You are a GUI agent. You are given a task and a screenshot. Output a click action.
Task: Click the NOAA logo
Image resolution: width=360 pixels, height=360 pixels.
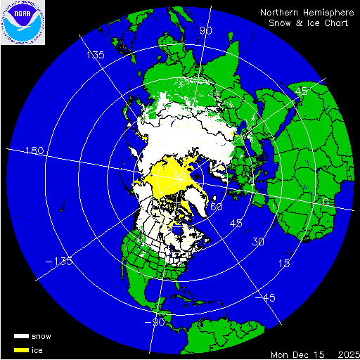point(22,22)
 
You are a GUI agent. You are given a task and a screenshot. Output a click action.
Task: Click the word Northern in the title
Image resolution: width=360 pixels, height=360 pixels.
point(280,12)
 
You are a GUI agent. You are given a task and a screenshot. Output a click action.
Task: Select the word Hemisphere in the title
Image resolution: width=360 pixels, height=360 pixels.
point(327,12)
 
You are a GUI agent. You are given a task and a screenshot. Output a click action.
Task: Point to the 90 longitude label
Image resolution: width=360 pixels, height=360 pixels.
point(206,31)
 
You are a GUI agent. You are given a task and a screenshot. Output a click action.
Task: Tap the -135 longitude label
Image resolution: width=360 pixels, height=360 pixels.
point(59,262)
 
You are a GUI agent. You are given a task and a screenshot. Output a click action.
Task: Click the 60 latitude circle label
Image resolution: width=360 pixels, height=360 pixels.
point(217,207)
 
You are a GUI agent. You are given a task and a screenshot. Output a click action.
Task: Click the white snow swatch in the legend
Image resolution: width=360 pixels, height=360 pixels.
point(21,336)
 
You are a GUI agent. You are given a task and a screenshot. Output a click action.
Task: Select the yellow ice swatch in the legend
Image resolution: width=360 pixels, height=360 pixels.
point(21,349)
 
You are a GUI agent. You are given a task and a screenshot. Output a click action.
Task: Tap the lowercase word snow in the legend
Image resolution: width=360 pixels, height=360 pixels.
point(41,336)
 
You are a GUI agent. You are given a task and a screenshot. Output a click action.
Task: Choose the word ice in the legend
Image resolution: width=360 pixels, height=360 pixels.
point(37,349)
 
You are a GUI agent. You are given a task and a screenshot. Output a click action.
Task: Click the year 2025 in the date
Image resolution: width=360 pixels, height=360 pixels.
point(347,353)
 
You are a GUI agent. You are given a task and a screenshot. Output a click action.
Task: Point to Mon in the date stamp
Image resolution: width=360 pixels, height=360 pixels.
point(280,353)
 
